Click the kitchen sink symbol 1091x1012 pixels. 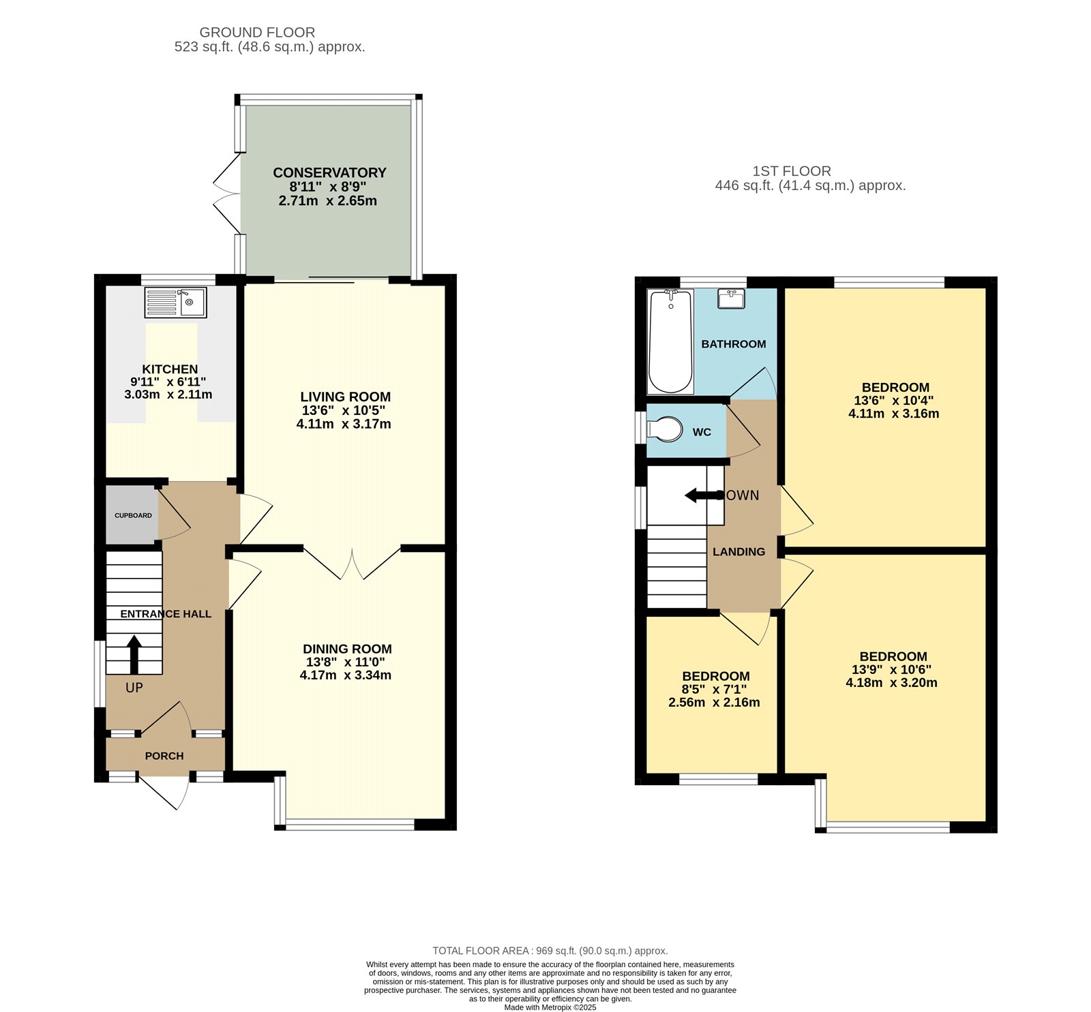click(x=175, y=303)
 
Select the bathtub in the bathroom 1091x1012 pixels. click(x=670, y=341)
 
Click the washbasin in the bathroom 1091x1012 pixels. click(x=730, y=298)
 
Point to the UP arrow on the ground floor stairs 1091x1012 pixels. click(x=134, y=654)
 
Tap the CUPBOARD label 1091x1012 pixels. click(x=133, y=515)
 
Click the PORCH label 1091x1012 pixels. click(x=164, y=756)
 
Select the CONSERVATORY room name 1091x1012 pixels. click(x=329, y=172)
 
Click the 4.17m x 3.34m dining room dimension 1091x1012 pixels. click(x=346, y=675)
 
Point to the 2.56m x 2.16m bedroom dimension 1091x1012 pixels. click(x=714, y=703)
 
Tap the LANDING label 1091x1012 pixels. click(x=738, y=551)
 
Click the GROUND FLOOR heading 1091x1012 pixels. click(x=257, y=32)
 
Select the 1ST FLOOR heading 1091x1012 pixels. click(x=792, y=171)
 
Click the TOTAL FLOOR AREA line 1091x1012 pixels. click(x=550, y=951)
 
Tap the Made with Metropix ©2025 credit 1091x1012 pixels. click(x=550, y=1007)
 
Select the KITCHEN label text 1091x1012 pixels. click(x=170, y=369)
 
